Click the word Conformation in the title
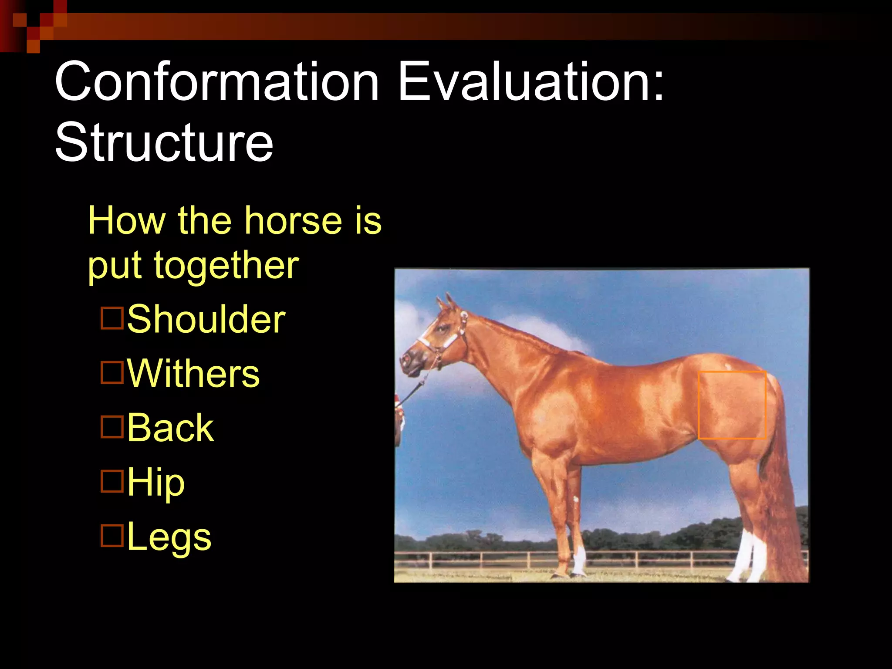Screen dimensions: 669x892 (x=216, y=81)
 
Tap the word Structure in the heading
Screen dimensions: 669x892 (x=164, y=142)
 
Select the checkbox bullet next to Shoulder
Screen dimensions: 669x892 (x=112, y=318)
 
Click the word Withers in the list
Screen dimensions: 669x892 (x=193, y=374)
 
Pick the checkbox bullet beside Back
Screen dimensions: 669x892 (x=112, y=427)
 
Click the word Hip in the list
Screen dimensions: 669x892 (x=156, y=482)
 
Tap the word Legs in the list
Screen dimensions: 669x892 (x=169, y=537)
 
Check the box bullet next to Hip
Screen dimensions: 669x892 (x=112, y=481)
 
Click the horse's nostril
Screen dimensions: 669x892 (x=406, y=360)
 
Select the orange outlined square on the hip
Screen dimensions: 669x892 (x=732, y=405)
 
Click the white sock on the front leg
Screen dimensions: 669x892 (x=580, y=560)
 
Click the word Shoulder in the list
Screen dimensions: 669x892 (x=206, y=319)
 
